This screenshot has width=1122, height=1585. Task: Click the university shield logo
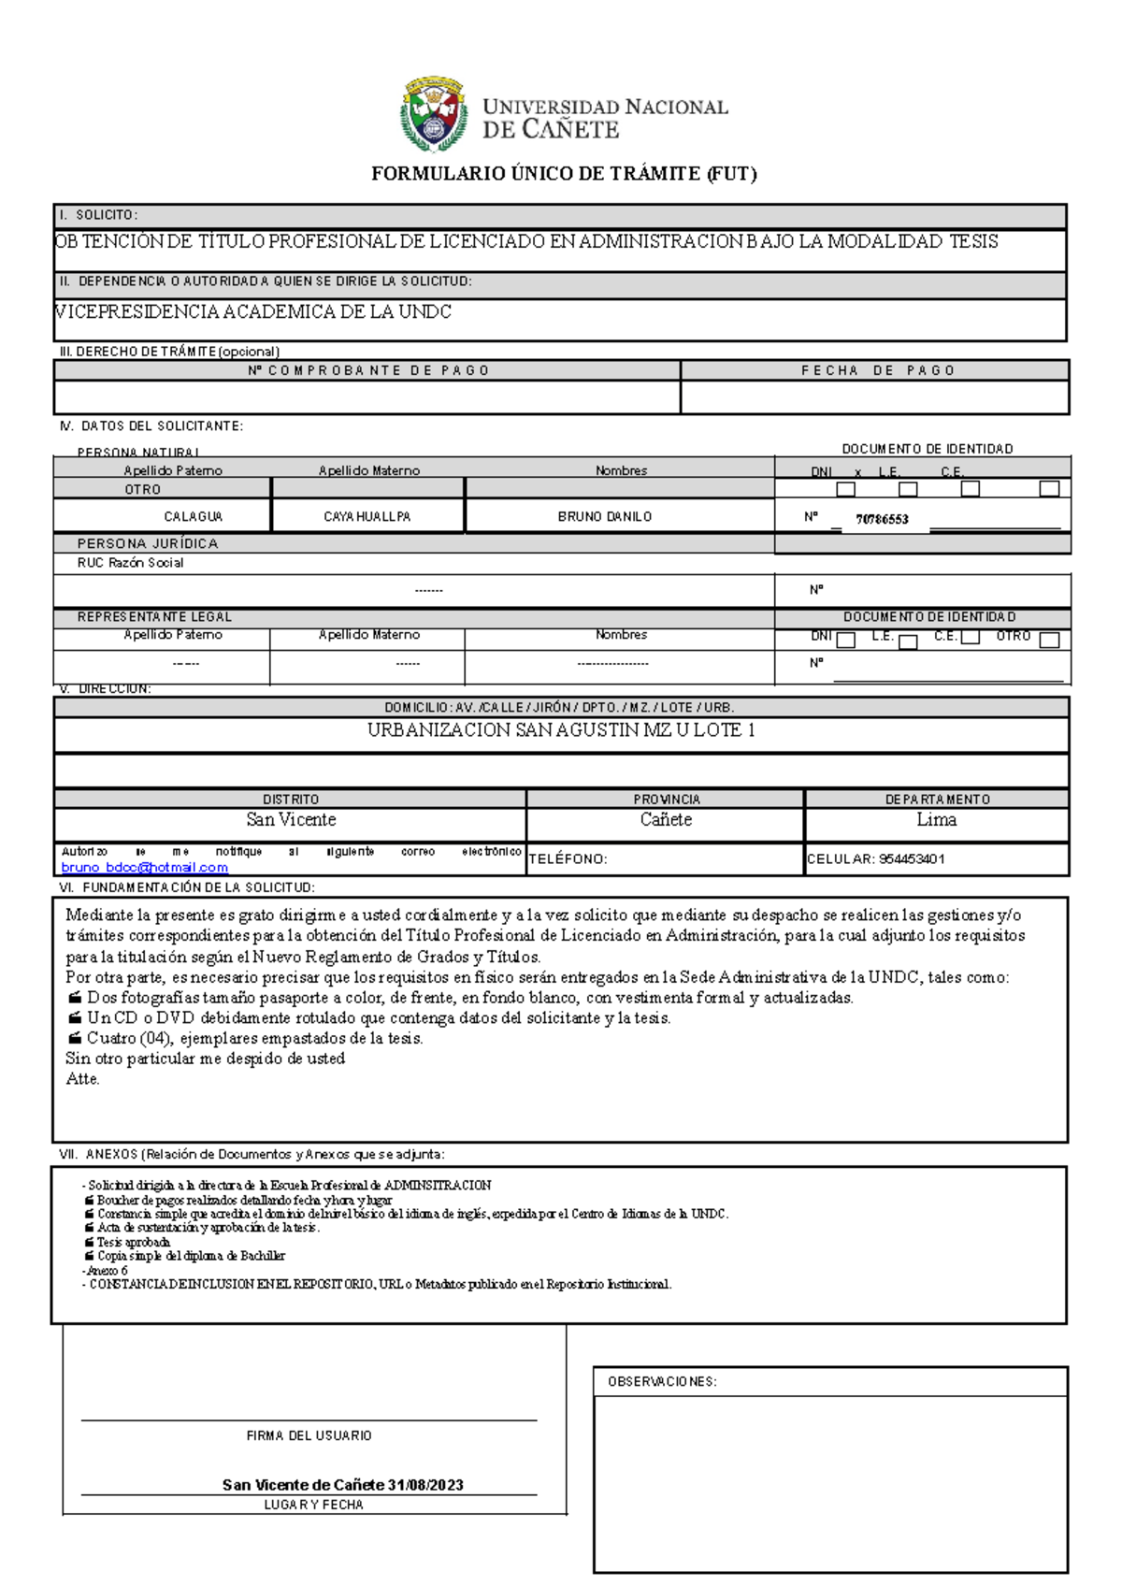tap(434, 114)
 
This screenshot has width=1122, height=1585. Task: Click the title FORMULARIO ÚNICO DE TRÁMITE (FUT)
tap(564, 174)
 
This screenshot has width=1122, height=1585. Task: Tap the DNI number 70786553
tap(882, 520)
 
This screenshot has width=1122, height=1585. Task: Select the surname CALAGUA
tap(193, 517)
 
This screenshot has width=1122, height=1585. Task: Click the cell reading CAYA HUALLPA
tap(367, 517)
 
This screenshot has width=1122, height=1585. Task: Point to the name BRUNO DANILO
tap(605, 517)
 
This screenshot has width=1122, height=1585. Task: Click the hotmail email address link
tap(144, 868)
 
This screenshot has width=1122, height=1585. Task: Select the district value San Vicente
tap(291, 820)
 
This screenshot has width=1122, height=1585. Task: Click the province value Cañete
tap(666, 820)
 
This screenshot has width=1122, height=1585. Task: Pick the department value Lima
tap(936, 820)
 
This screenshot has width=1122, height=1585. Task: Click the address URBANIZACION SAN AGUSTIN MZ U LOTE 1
tap(561, 730)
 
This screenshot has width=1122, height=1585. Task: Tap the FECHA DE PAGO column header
tap(877, 371)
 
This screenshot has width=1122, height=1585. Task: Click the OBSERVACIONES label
tap(662, 1382)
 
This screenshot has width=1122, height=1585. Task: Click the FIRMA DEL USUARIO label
tap(309, 1435)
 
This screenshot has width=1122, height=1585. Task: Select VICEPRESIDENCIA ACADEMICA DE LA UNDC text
tap(253, 312)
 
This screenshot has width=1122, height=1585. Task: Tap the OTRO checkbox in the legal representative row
tap(1049, 641)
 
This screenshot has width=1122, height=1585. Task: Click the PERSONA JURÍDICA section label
tap(148, 544)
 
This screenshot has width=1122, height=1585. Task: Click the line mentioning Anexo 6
tap(105, 1271)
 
